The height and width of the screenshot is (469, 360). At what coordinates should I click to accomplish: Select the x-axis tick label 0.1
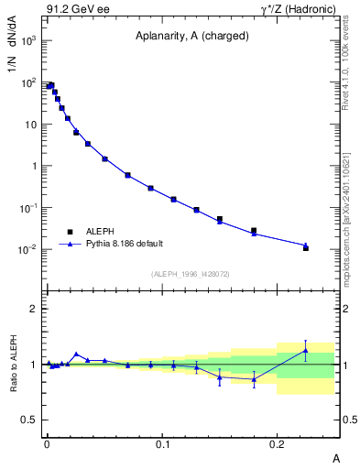162,443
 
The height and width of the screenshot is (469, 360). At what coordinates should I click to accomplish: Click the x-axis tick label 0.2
278,443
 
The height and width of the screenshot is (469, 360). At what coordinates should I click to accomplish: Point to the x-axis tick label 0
48,443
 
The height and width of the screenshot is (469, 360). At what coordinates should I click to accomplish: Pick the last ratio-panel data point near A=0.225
306,350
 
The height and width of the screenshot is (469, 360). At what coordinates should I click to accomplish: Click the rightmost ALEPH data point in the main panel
306,247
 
